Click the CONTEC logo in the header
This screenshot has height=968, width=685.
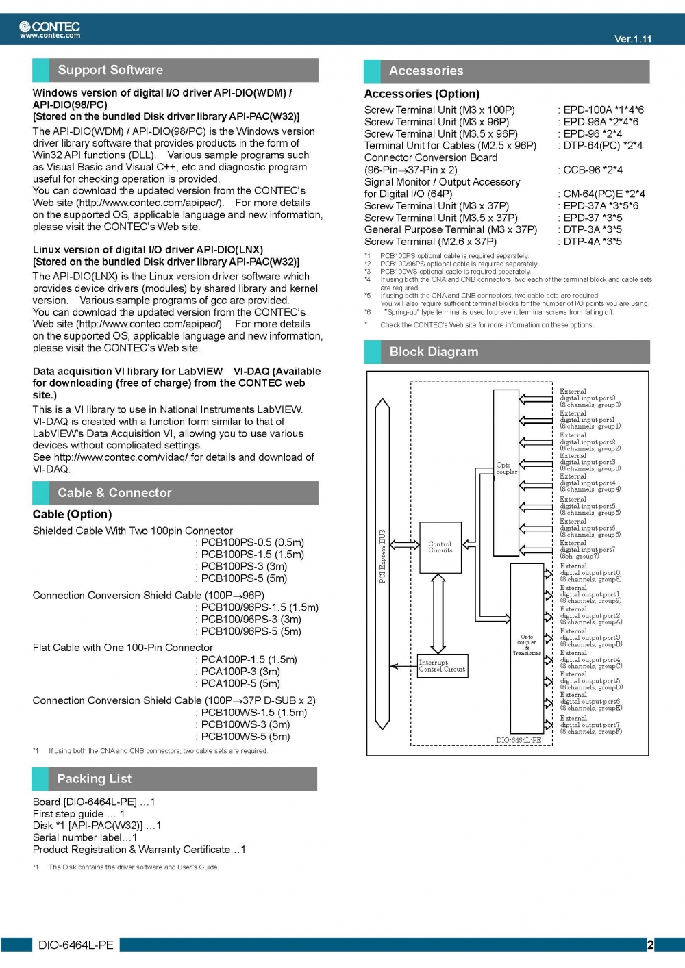[50, 29]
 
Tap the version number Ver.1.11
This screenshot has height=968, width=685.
[633, 39]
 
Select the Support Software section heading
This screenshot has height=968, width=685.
[110, 70]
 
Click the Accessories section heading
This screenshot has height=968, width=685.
[426, 71]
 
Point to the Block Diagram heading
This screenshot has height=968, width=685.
[434, 352]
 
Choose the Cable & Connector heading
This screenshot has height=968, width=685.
[114, 493]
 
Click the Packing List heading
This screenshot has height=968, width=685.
[94, 779]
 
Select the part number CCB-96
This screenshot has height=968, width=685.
[583, 170]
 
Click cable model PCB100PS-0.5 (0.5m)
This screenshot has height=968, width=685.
[252, 543]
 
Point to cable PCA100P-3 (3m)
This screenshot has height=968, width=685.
[240, 672]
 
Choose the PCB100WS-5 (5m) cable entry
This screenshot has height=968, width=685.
[245, 737]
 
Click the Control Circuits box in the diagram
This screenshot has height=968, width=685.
[440, 547]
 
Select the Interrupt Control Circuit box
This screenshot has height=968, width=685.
[442, 666]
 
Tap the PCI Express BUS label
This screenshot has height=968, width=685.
[382, 556]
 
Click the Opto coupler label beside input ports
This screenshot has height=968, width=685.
[506, 468]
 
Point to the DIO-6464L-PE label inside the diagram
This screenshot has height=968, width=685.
[519, 739]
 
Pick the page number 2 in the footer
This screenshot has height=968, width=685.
[651, 945]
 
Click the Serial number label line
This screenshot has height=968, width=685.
[85, 837]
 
